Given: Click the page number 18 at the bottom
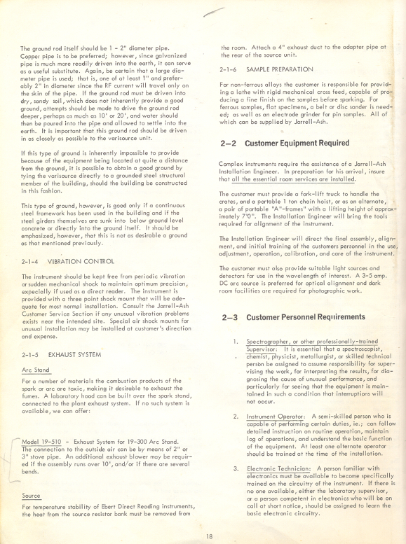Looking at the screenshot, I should click(209, 536).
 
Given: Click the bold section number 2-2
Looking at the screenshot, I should click(230, 143).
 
